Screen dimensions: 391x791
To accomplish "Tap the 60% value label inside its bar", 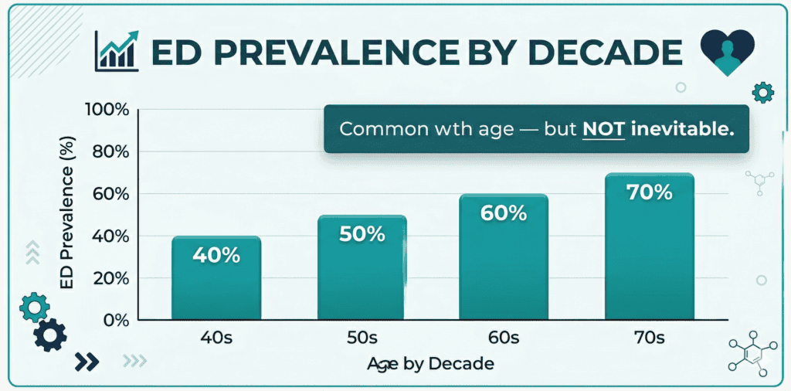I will tap(503, 212).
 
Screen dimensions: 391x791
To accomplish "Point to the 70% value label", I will tap(649, 192).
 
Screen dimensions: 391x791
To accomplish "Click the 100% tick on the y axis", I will tap(107, 110).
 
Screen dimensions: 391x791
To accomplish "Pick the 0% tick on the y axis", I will tap(114, 320).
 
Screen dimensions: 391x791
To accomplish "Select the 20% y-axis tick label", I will tap(110, 278).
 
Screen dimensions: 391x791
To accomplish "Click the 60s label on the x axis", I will tap(503, 338).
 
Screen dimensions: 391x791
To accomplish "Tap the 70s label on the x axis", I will tap(648, 338).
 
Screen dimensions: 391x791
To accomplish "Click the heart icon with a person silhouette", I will tap(726, 51).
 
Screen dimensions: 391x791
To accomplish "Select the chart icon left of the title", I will tap(116, 51).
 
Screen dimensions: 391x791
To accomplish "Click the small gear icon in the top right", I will tap(762, 93).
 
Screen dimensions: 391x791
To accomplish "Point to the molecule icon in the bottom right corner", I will tap(749, 355).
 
